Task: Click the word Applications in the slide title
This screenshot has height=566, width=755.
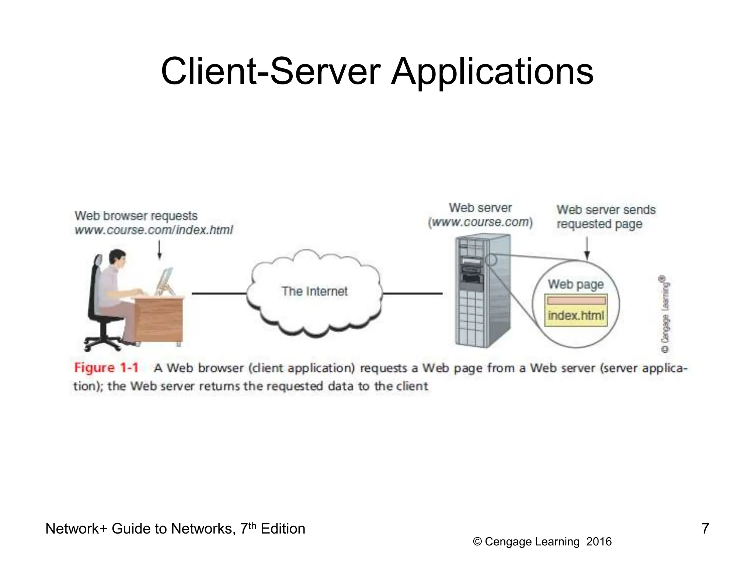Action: (492, 72)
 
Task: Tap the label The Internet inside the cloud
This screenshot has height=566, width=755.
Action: (314, 291)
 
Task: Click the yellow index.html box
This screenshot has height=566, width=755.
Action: (576, 315)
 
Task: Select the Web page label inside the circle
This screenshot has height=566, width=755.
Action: (576, 284)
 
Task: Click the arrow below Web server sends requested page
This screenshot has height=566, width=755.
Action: (587, 249)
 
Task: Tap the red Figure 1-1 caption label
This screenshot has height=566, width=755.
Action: (106, 368)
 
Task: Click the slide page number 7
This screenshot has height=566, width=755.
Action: (705, 528)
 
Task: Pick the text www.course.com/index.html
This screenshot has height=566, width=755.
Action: (154, 230)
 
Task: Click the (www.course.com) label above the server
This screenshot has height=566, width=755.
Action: (480, 223)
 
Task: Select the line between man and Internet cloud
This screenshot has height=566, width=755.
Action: (219, 293)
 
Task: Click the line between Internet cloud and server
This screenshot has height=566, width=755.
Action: (412, 293)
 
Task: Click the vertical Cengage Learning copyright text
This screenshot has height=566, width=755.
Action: (665, 315)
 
